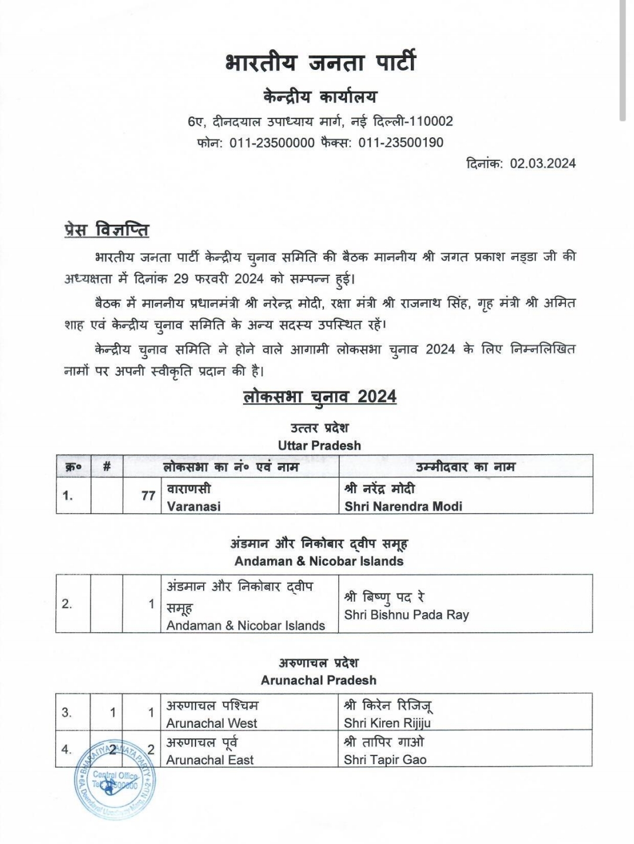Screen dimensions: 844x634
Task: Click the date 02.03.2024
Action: coord(542,164)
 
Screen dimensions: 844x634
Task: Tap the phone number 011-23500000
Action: coord(272,143)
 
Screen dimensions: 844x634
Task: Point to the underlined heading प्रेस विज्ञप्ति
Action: coord(106,229)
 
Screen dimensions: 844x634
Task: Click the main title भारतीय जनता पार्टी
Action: coord(320,62)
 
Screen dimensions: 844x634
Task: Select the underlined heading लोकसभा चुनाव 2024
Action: coord(320,397)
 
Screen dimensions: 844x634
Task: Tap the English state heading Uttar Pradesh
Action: coord(319,445)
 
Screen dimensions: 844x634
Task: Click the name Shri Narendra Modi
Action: coord(403,506)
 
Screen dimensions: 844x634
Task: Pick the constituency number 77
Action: coord(148,496)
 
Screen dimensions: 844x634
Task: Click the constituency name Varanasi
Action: coord(194,506)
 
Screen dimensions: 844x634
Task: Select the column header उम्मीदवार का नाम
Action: coord(465,467)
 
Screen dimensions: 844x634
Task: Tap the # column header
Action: coord(106,467)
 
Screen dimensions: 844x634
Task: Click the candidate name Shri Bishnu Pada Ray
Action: coord(406,615)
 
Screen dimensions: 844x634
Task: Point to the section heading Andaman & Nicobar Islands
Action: coord(319,561)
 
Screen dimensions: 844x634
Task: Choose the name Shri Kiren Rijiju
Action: coord(387,723)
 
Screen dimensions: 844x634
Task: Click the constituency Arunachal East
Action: coord(210,760)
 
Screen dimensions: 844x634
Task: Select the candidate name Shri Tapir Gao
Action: coord(385,760)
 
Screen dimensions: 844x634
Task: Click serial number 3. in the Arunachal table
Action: coord(67,713)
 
